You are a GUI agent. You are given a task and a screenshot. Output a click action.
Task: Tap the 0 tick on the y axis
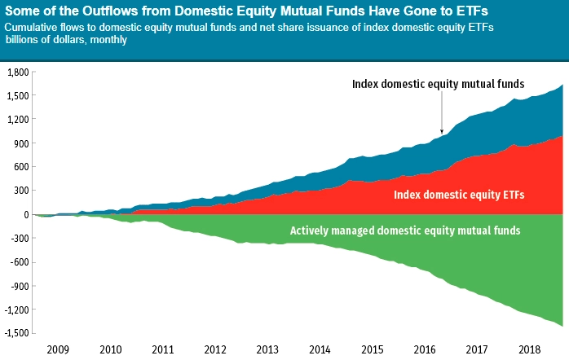[x=26, y=215]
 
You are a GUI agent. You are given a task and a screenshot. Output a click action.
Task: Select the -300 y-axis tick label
[x=20, y=239]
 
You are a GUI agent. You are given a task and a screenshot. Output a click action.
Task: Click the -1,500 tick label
[x=16, y=333]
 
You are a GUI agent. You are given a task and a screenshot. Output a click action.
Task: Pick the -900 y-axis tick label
[x=20, y=286]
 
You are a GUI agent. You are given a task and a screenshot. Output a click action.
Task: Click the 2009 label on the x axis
[x=58, y=349]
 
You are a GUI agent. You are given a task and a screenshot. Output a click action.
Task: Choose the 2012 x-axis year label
[x=215, y=349]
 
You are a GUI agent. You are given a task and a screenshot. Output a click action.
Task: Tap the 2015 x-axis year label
[x=373, y=349]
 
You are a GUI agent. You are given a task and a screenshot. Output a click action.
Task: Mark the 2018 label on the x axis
[x=530, y=349]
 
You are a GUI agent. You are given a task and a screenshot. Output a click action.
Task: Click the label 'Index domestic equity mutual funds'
[x=438, y=84]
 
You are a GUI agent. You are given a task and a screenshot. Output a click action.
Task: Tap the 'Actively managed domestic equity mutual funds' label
[x=405, y=230]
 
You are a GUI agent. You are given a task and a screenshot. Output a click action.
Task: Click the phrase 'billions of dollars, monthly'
[x=65, y=39]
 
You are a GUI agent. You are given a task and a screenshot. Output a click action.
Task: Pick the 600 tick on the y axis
[x=20, y=167]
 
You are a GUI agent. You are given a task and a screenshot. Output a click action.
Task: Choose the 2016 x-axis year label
[x=425, y=349]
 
